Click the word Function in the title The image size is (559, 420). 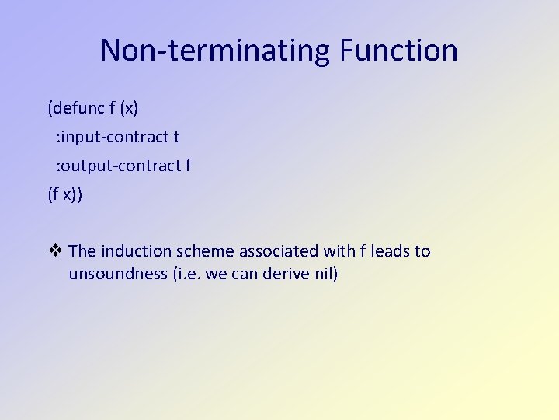[x=398, y=51]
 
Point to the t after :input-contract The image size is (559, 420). [x=176, y=137]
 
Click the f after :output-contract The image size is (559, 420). [x=189, y=165]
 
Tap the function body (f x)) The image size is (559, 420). [x=64, y=194]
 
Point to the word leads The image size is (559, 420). [x=390, y=251]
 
